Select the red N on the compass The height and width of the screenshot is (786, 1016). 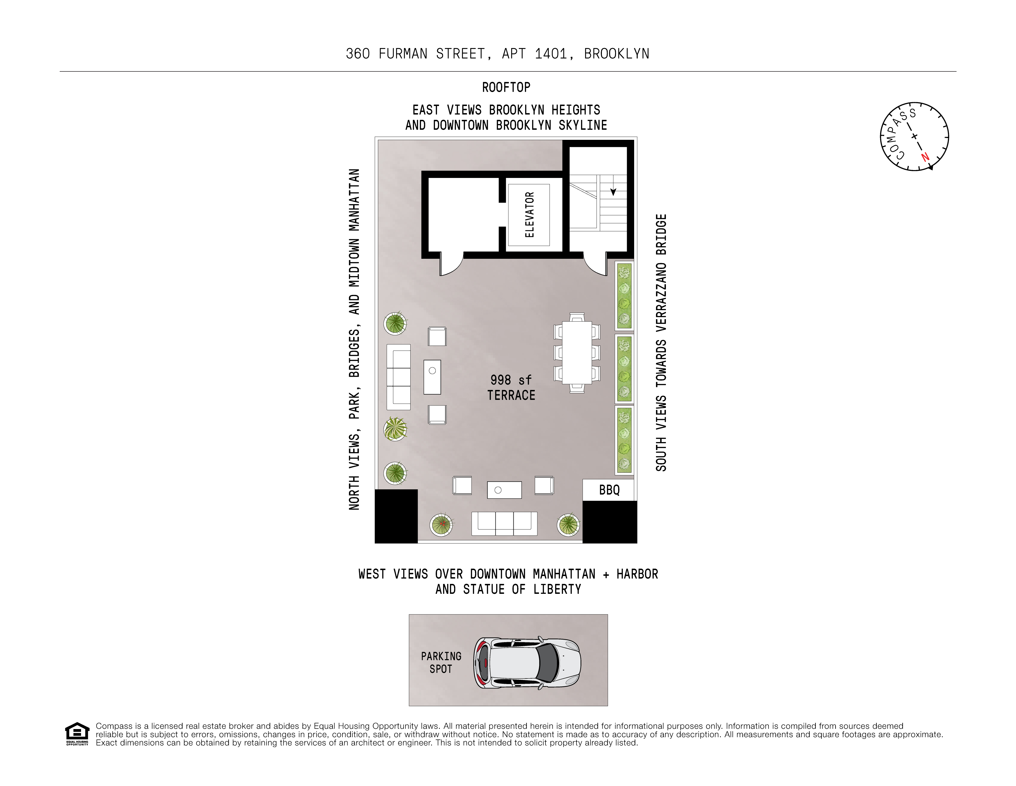tap(925, 157)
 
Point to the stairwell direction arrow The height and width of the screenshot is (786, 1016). tap(613, 191)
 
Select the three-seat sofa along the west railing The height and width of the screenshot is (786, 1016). tap(504, 524)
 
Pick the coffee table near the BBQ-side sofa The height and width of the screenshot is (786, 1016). tap(504, 490)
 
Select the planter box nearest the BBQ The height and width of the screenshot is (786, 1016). tap(624, 440)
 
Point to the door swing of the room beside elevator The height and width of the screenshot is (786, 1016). tap(451, 265)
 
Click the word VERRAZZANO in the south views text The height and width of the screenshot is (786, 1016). tap(661, 297)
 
